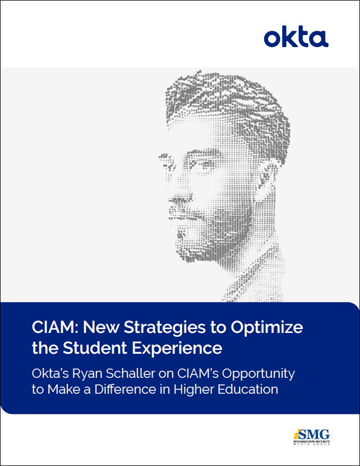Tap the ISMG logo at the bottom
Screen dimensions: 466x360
(311, 436)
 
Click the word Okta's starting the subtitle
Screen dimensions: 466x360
(53, 373)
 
